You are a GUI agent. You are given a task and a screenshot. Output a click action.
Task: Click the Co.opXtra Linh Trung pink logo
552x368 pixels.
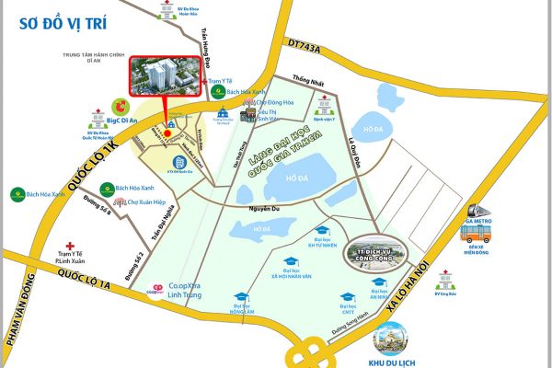coord(158,287)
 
